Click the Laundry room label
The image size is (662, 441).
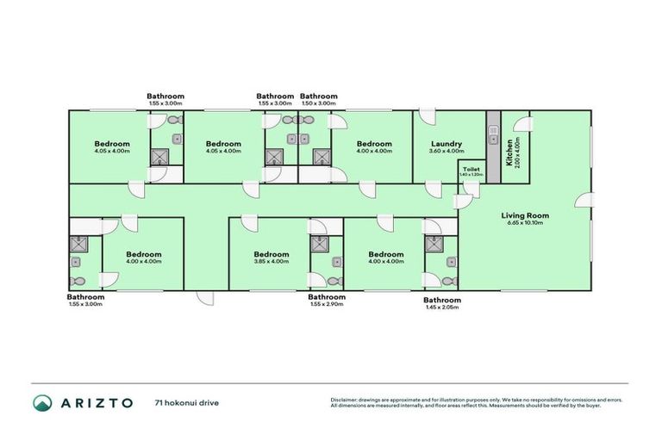(x=446, y=144)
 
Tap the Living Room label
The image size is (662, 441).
(x=526, y=215)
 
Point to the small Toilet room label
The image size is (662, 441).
(x=471, y=169)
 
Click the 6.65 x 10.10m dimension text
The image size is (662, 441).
(x=526, y=223)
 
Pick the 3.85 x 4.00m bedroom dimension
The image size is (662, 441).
(x=272, y=262)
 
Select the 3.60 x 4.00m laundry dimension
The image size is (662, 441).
(x=446, y=152)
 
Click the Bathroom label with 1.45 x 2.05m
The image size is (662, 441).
(x=441, y=300)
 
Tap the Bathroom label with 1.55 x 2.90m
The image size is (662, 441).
(x=327, y=297)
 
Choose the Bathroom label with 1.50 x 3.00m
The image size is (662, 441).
(x=318, y=96)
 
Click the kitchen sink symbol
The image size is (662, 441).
(x=493, y=132)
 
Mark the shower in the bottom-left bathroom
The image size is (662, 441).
(x=78, y=245)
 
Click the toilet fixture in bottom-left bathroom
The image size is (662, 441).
(x=78, y=279)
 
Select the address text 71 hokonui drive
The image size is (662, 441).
(x=184, y=402)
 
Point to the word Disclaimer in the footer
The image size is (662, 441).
(x=347, y=400)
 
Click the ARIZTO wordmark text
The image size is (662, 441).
(x=96, y=402)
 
